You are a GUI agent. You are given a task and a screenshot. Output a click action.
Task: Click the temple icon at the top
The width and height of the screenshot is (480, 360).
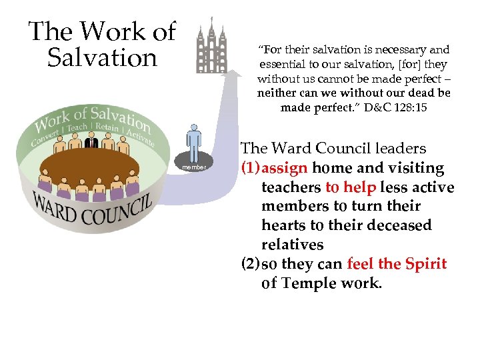tap(211, 45)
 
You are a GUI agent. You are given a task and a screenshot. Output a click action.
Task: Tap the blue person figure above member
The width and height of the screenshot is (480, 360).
tap(194, 142)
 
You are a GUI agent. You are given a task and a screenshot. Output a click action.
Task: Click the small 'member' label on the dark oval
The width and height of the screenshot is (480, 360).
tap(194, 167)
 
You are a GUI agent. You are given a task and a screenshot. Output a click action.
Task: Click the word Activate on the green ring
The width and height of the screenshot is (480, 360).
tap(139, 136)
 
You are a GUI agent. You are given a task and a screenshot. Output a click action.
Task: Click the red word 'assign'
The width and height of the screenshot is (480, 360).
tap(285, 169)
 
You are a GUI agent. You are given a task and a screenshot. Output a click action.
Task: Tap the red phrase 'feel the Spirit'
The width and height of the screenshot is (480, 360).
tap(396, 264)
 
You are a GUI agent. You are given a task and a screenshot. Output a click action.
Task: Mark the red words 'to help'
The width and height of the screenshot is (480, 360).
tap(351, 188)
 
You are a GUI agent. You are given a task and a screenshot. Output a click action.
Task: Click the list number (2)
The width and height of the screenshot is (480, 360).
tap(250, 264)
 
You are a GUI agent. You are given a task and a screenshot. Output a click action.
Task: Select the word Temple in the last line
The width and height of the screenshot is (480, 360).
tap(311, 283)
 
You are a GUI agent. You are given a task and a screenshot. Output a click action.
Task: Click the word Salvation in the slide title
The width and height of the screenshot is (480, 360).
tap(102, 58)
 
